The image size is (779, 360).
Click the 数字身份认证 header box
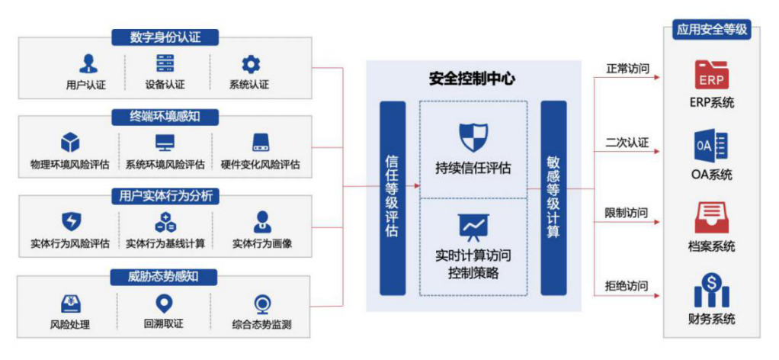(165, 37)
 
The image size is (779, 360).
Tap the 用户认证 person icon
(88, 63)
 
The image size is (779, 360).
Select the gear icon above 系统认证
(250, 63)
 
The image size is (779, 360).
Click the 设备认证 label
(165, 85)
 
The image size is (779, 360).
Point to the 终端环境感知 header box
(165, 117)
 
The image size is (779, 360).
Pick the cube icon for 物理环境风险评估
(70, 143)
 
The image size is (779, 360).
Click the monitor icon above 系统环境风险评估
(165, 143)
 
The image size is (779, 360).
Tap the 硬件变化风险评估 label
(261, 165)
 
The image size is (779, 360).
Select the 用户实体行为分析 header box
(165, 196)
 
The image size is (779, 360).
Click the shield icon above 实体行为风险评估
(70, 222)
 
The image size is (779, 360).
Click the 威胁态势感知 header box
(165, 276)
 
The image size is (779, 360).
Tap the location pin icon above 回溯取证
(164, 303)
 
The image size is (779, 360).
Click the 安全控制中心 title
(473, 78)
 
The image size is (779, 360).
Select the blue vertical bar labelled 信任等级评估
(392, 198)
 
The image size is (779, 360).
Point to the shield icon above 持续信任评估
(473, 137)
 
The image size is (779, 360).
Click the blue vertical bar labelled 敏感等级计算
(553, 198)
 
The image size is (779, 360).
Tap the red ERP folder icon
(712, 76)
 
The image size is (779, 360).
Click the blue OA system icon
(711, 146)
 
